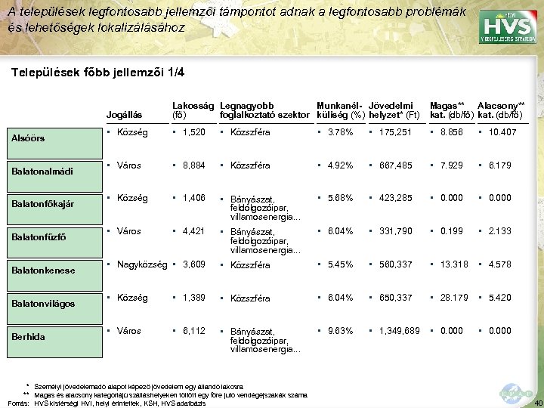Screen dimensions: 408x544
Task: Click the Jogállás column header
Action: [125, 115]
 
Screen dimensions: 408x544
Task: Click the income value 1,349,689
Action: [395, 330]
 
